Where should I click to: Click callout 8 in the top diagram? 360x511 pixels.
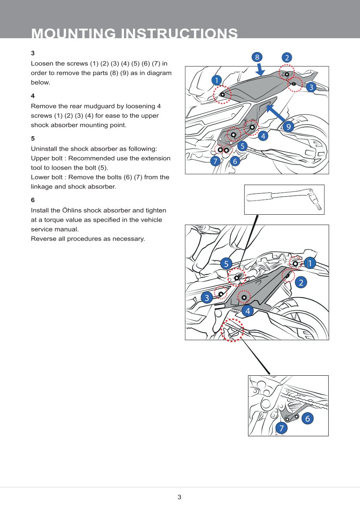point(257,57)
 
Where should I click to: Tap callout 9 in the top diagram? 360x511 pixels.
point(288,127)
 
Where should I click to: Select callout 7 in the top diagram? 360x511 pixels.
point(215,161)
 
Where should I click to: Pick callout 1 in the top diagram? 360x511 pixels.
point(217,80)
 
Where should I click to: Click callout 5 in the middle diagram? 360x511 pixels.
point(226,264)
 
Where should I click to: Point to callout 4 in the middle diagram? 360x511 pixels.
point(247,310)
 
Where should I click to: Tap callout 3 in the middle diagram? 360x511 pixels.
point(207,298)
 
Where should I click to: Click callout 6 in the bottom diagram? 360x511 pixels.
point(308,418)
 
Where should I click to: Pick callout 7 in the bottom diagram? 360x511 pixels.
point(281,428)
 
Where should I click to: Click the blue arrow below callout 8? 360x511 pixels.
point(260,69)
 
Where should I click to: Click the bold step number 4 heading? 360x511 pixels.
point(33,96)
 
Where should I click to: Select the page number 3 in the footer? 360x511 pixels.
point(179,497)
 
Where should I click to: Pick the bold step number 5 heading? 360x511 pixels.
point(33,139)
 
